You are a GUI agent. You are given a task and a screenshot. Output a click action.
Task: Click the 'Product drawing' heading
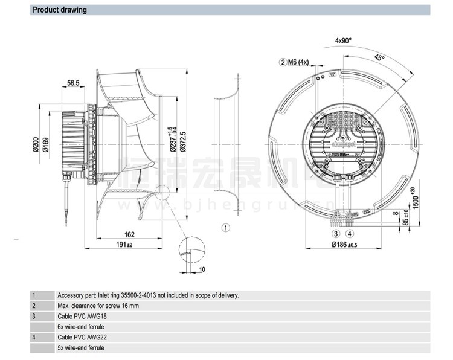[59, 10]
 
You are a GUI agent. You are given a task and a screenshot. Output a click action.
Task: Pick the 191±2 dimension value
[124, 245]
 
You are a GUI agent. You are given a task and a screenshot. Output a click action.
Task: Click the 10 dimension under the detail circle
[201, 269]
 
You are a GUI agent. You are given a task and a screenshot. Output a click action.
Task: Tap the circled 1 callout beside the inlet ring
[225, 228]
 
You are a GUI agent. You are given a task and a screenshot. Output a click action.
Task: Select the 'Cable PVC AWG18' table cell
[82, 316]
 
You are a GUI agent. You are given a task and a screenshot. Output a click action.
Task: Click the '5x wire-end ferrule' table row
[80, 347]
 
